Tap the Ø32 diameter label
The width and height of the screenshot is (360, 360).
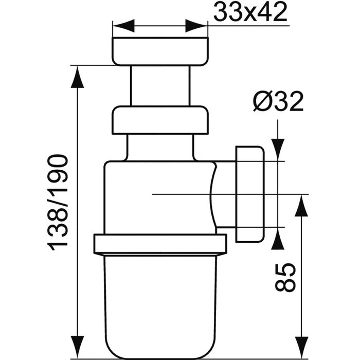(x=278, y=102)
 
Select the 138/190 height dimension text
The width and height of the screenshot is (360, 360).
(x=58, y=203)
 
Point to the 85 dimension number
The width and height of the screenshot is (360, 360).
(x=285, y=278)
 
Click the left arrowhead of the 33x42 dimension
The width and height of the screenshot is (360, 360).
(x=123, y=26)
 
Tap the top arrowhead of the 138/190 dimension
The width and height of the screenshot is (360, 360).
(x=77, y=77)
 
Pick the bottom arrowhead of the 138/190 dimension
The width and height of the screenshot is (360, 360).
(x=77, y=347)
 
